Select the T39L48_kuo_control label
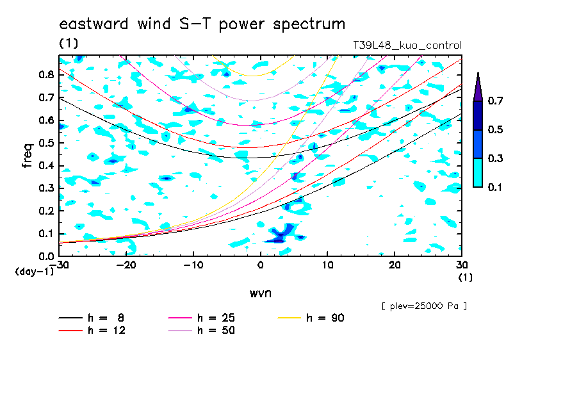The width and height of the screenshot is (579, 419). click(407, 45)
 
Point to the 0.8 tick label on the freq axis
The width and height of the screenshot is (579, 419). click(46, 74)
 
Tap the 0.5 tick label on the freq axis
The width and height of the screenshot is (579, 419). click(46, 143)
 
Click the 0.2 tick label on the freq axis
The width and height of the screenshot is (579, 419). click(46, 211)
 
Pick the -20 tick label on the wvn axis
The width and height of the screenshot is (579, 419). click(126, 265)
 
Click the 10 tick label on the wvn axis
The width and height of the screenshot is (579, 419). click(327, 265)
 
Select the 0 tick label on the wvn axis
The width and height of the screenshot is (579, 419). click(260, 265)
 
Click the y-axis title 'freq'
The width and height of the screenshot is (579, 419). click(28, 156)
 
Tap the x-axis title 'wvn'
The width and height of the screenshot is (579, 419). click(260, 293)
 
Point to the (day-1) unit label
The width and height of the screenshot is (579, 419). click(34, 272)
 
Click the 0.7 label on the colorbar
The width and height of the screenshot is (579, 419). click(495, 101)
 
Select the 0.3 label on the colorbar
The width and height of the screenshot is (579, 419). click(495, 158)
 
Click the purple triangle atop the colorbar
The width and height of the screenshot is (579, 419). click(478, 88)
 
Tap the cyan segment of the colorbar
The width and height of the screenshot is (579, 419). click(478, 172)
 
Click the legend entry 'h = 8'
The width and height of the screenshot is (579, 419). click(92, 318)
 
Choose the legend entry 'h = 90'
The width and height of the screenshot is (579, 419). click(311, 318)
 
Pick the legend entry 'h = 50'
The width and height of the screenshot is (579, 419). click(202, 330)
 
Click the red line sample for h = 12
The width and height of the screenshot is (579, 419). click(70, 330)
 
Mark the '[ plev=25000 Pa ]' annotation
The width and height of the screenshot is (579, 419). click(424, 306)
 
